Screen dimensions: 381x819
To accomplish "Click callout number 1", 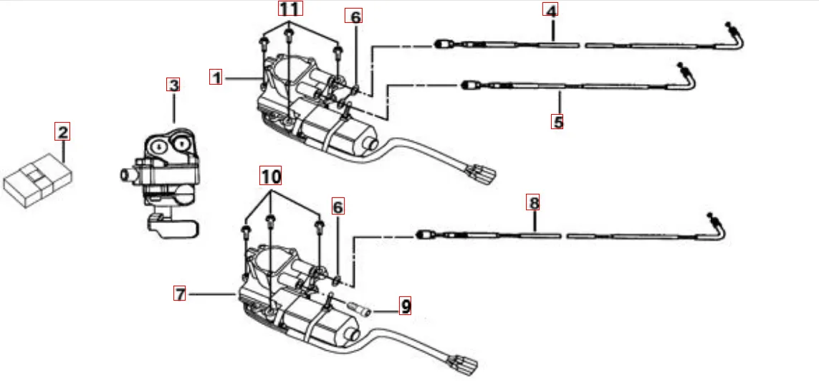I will coord(216,77).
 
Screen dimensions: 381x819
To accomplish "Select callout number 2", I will coord(63,131).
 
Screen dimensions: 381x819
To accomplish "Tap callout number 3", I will coord(173,85).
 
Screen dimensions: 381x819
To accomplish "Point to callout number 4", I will coord(550,11).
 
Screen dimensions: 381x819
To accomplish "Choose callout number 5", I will coord(557,121).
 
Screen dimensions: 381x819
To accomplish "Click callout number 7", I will coord(180,293).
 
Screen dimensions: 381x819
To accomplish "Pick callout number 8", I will coord(533,202).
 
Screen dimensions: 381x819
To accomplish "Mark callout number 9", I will coord(406,307).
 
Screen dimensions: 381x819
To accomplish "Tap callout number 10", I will coord(271,174).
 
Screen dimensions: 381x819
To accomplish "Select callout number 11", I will coord(290,9).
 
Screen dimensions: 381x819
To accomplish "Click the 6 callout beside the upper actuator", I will coord(354,17).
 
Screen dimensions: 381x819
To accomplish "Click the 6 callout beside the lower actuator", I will coord(338,207).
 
